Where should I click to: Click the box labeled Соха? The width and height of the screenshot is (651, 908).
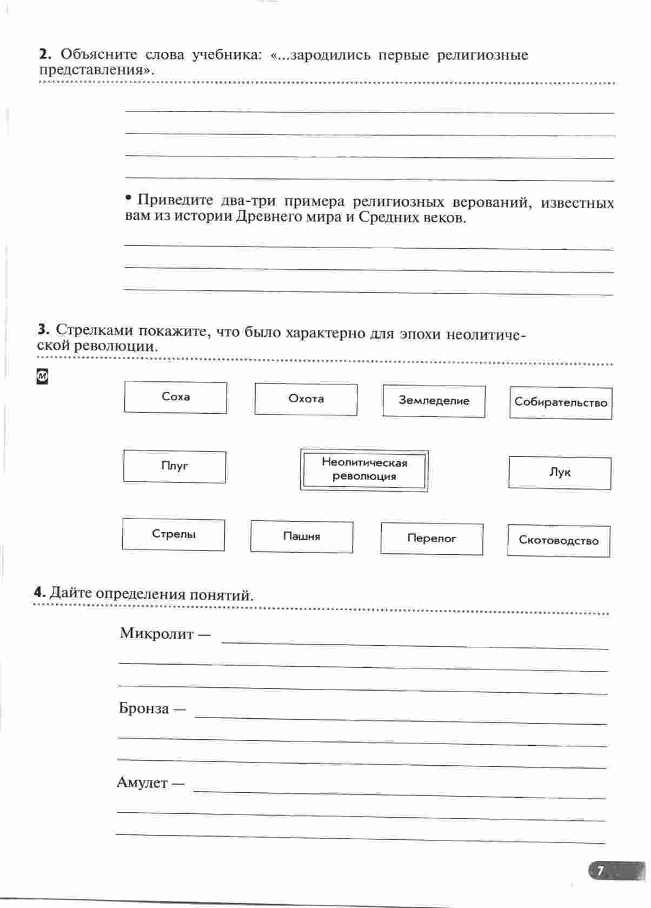[175, 397]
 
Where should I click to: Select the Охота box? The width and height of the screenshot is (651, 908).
[305, 399]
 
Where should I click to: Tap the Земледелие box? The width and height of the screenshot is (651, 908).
[434, 401]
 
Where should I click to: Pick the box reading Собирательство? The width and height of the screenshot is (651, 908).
[561, 403]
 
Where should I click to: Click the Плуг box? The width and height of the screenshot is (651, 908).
[174, 466]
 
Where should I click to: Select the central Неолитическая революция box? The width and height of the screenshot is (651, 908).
[364, 470]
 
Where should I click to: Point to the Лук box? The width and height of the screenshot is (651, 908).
[560, 473]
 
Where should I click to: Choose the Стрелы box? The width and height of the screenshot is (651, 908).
[173, 534]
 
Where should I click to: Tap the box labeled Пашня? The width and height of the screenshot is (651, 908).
[301, 536]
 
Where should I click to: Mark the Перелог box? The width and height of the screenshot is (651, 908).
[431, 539]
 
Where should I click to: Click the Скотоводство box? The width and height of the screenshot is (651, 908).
[559, 541]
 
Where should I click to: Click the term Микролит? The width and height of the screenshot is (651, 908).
[157, 633]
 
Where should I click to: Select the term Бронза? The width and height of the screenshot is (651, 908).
[144, 708]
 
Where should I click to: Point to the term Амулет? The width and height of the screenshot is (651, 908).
[142, 783]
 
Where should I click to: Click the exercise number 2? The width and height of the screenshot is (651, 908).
[44, 54]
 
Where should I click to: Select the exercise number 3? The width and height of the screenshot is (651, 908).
[43, 329]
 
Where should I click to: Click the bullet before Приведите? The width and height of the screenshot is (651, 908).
[128, 198]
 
